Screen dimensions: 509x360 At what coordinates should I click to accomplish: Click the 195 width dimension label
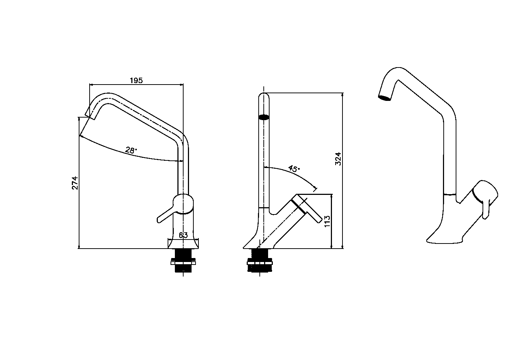tap(136, 81)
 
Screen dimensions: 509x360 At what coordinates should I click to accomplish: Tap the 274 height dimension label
tap(75, 183)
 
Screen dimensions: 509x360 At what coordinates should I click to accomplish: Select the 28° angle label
tap(131, 150)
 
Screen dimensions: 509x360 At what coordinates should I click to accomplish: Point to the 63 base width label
tap(183, 235)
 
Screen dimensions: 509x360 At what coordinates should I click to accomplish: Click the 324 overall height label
tap(338, 159)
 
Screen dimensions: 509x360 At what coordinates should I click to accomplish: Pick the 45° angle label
tap(294, 169)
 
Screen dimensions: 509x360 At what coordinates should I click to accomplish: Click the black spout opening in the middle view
tap(264, 117)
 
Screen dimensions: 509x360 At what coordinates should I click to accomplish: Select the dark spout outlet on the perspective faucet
tap(384, 98)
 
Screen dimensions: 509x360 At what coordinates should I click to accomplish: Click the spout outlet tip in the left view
tap(88, 115)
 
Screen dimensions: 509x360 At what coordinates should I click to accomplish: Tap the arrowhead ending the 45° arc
tap(315, 188)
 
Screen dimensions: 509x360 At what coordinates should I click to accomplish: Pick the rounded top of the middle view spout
tap(264, 95)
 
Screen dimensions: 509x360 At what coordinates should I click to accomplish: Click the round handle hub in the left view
tap(183, 204)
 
